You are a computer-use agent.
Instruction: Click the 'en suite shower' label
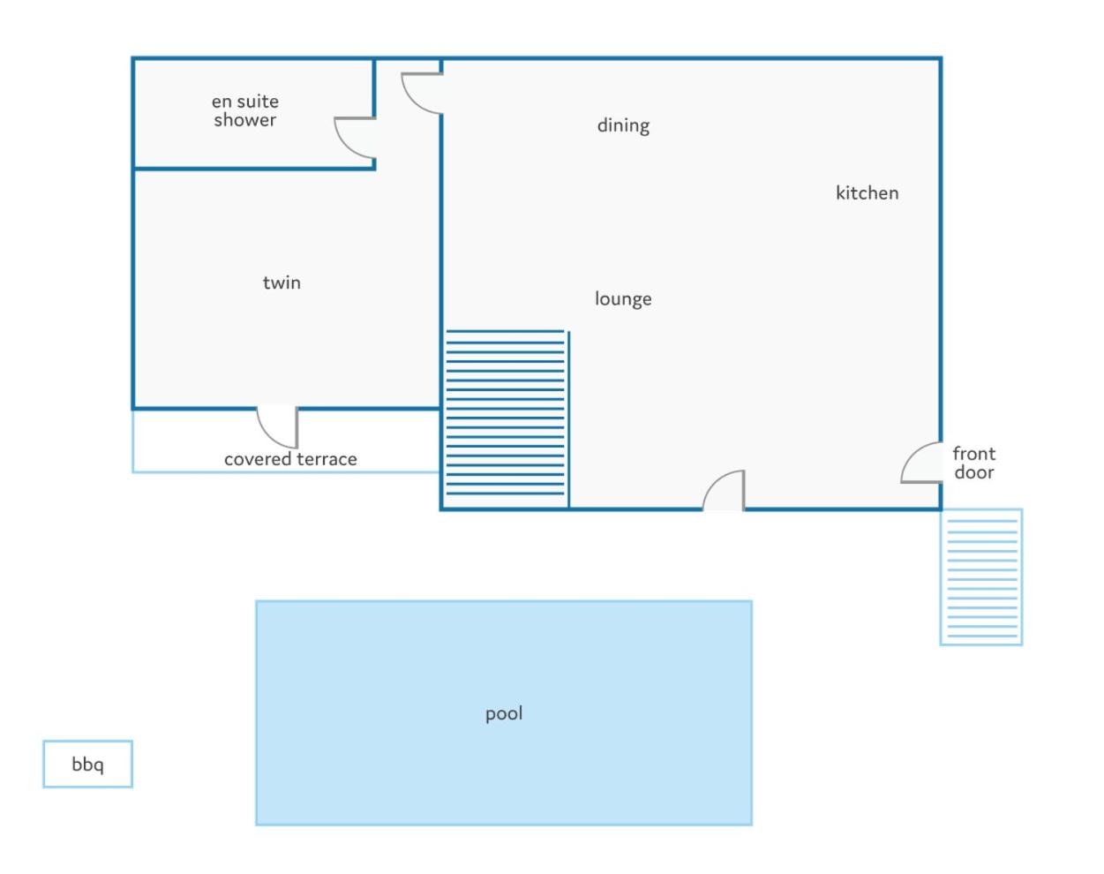pyautogui.click(x=245, y=110)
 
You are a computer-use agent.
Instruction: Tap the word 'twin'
pyautogui.click(x=282, y=283)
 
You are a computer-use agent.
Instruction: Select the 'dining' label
pyautogui.click(x=623, y=125)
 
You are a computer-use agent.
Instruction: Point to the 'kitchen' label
pyautogui.click(x=867, y=193)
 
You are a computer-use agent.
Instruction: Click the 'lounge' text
pyautogui.click(x=623, y=299)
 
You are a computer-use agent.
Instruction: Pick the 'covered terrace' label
pyautogui.click(x=290, y=459)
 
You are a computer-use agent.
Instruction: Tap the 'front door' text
pyautogui.click(x=973, y=463)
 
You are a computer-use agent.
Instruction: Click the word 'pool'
pyautogui.click(x=504, y=714)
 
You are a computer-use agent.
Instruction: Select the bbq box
pyautogui.click(x=87, y=765)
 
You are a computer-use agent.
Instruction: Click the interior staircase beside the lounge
pyautogui.click(x=506, y=412)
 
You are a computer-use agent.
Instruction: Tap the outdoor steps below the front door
pyautogui.click(x=981, y=577)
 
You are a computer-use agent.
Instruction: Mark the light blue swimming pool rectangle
pyautogui.click(x=504, y=712)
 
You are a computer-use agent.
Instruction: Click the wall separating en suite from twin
pyautogui.click(x=254, y=169)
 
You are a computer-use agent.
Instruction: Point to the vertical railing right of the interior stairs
pyautogui.click(x=568, y=420)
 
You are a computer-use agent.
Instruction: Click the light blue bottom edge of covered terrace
pyautogui.click(x=286, y=471)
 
